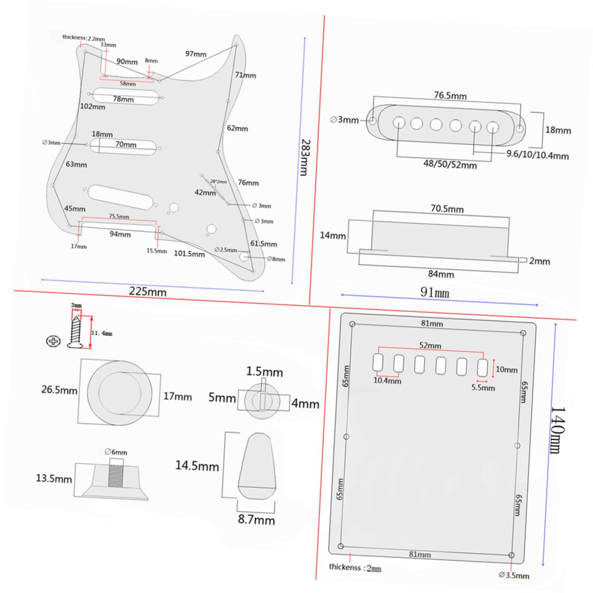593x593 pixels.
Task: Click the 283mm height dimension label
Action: [x=305, y=157]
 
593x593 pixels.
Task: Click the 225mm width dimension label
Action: [x=148, y=292]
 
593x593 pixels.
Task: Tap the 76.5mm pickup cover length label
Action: [x=450, y=95]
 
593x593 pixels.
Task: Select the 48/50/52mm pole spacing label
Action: [x=450, y=165]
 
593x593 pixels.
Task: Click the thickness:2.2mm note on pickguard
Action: [x=83, y=38]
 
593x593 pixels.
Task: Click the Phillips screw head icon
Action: [x=53, y=341]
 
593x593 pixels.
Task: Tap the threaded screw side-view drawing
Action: [x=76, y=332]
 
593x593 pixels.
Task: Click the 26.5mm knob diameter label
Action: [x=59, y=390]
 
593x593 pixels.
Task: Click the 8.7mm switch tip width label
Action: [x=256, y=520]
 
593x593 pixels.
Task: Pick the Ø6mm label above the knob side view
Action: [x=116, y=452]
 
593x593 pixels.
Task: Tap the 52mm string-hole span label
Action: [x=430, y=345]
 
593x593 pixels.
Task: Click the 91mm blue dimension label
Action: [x=435, y=292]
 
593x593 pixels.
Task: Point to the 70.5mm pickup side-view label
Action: [x=447, y=209]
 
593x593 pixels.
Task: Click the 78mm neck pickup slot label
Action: [x=123, y=99]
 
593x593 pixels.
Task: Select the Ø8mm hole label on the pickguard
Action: [x=276, y=259]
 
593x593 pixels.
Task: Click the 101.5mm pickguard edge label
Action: [x=189, y=254]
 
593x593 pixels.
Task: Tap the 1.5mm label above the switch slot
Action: [x=264, y=372]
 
